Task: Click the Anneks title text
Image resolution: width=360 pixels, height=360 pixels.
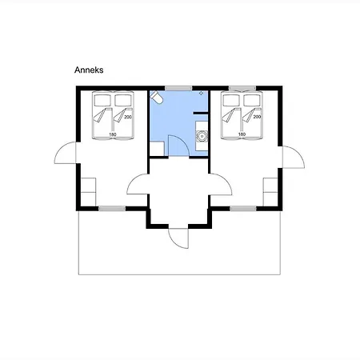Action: [x=89, y=70]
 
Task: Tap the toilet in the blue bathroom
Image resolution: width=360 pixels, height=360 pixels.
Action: [x=156, y=97]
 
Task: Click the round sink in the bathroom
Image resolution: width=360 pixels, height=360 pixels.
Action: [x=202, y=136]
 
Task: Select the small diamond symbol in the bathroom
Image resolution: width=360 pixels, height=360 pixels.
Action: [x=202, y=93]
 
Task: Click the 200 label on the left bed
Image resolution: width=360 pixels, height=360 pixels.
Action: [x=128, y=117]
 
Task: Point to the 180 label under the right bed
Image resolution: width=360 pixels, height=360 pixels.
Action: [x=242, y=134]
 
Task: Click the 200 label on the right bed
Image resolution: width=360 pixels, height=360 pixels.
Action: [x=257, y=117]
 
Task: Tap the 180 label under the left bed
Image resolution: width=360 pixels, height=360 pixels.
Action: [x=113, y=134]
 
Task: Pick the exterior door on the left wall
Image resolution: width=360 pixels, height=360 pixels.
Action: [x=65, y=153]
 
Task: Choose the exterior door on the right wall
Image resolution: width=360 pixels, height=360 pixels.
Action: [x=294, y=157]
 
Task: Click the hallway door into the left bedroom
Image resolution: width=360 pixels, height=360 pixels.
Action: [x=138, y=184]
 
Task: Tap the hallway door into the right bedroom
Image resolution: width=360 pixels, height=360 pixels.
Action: [x=221, y=184]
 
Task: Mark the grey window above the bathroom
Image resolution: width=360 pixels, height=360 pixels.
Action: [x=178, y=88]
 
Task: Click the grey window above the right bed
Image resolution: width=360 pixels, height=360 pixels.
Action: [x=242, y=88]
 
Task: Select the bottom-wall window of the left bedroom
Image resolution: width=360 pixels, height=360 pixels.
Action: [x=112, y=209]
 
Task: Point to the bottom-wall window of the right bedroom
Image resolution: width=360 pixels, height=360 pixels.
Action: [x=243, y=209]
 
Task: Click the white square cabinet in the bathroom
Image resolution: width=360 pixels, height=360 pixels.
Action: [x=157, y=149]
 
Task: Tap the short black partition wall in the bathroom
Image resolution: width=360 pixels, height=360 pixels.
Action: [x=201, y=114]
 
